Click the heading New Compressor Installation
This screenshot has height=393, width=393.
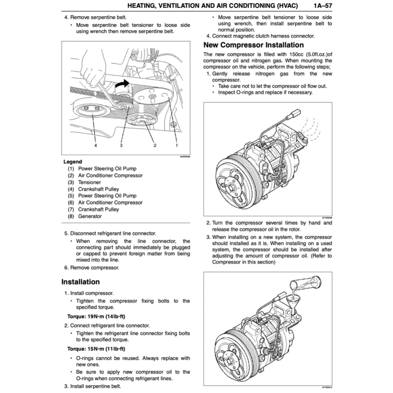tap(253, 45)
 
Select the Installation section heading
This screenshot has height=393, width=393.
tap(80, 282)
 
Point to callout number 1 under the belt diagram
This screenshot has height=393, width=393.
tap(177, 145)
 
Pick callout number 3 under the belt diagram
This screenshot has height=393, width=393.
tap(121, 145)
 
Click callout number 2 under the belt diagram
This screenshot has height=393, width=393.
tap(155, 145)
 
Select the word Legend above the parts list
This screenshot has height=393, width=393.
tap(73, 162)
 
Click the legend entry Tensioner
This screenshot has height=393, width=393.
tap(89, 182)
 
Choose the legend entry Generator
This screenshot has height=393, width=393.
tap(90, 216)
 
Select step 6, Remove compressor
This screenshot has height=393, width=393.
tap(91, 268)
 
